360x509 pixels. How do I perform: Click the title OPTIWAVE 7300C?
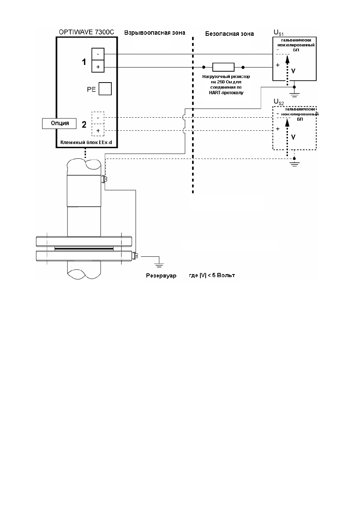point(86,32)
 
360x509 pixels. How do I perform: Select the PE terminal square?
point(105,89)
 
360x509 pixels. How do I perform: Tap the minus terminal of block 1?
point(98,54)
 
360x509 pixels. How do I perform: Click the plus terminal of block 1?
point(98,66)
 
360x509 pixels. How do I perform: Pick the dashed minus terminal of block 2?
point(98,118)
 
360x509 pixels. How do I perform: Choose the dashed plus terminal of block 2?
point(98,130)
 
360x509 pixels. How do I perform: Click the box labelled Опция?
point(59,123)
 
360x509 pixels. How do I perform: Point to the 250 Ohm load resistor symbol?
point(223,67)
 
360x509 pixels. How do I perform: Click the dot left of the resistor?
point(204,67)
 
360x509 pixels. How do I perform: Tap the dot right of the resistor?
point(243,67)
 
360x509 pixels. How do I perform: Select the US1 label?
point(278,33)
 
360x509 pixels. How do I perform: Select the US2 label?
point(278,102)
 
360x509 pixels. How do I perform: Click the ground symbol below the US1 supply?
point(294,95)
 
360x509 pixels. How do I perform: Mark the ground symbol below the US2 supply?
point(294,164)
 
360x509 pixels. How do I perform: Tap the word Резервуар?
point(161,276)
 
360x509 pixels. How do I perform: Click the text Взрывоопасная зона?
point(155,33)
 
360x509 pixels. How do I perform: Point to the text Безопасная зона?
point(229,34)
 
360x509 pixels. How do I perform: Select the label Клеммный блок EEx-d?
point(86,143)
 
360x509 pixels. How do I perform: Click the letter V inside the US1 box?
point(293,71)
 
